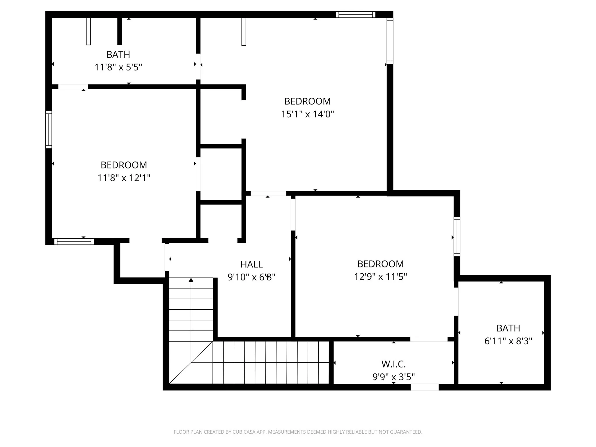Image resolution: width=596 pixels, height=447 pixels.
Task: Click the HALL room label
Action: point(251,264)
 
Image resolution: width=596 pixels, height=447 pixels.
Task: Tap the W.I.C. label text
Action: point(393,364)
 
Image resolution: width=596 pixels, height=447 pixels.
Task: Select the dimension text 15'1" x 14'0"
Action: point(307,114)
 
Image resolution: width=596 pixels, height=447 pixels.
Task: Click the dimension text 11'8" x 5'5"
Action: point(118,68)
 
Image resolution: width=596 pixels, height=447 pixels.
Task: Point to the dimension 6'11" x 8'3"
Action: point(508,341)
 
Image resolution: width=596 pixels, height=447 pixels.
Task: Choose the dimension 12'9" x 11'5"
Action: point(380,276)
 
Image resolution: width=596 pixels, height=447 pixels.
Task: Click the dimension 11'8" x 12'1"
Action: point(124,178)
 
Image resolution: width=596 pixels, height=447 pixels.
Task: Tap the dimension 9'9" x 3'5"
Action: point(393,377)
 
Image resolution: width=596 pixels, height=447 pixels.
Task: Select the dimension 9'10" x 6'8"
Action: point(251,277)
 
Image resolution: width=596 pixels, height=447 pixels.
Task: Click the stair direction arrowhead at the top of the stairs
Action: point(191,280)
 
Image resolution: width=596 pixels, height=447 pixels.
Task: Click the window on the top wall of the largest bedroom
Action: point(355,15)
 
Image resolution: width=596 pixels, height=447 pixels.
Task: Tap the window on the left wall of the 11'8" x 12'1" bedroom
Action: point(49,130)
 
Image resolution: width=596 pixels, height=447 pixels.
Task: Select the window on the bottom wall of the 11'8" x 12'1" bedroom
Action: point(74,242)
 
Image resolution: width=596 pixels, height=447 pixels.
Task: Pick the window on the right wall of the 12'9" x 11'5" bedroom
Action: point(457,237)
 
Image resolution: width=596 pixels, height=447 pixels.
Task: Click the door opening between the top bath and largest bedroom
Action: point(198,66)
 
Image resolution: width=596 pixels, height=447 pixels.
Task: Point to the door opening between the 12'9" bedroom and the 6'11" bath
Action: point(456,301)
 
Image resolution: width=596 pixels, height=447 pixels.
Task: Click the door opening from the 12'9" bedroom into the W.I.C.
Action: point(429,339)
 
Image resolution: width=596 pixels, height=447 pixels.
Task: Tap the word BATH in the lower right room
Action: point(508,328)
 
